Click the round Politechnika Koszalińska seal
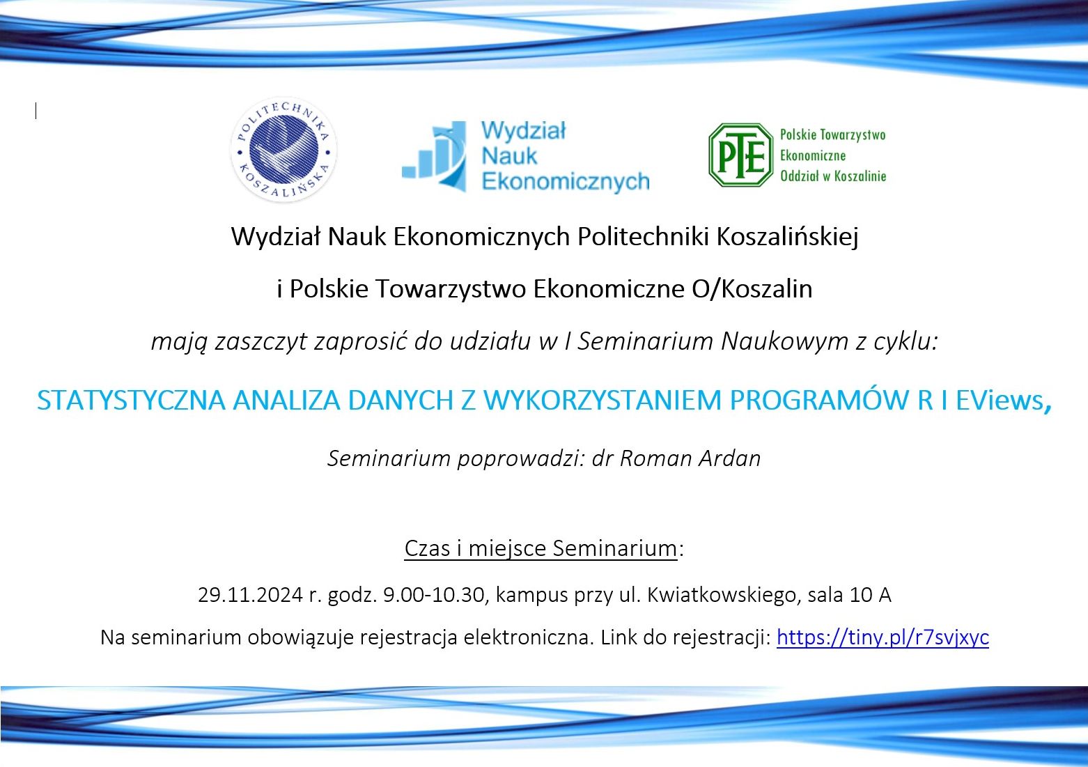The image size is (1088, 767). click(283, 150)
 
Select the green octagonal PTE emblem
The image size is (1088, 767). click(740, 155)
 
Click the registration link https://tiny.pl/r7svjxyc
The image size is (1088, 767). click(883, 637)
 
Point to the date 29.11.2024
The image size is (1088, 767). click(250, 594)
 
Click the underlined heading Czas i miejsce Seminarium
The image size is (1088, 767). click(541, 548)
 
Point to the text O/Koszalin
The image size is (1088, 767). click(752, 288)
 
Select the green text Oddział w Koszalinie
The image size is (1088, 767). click(833, 176)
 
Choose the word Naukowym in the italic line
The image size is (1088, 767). click(784, 341)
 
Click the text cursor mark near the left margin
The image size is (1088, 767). click(36, 111)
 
